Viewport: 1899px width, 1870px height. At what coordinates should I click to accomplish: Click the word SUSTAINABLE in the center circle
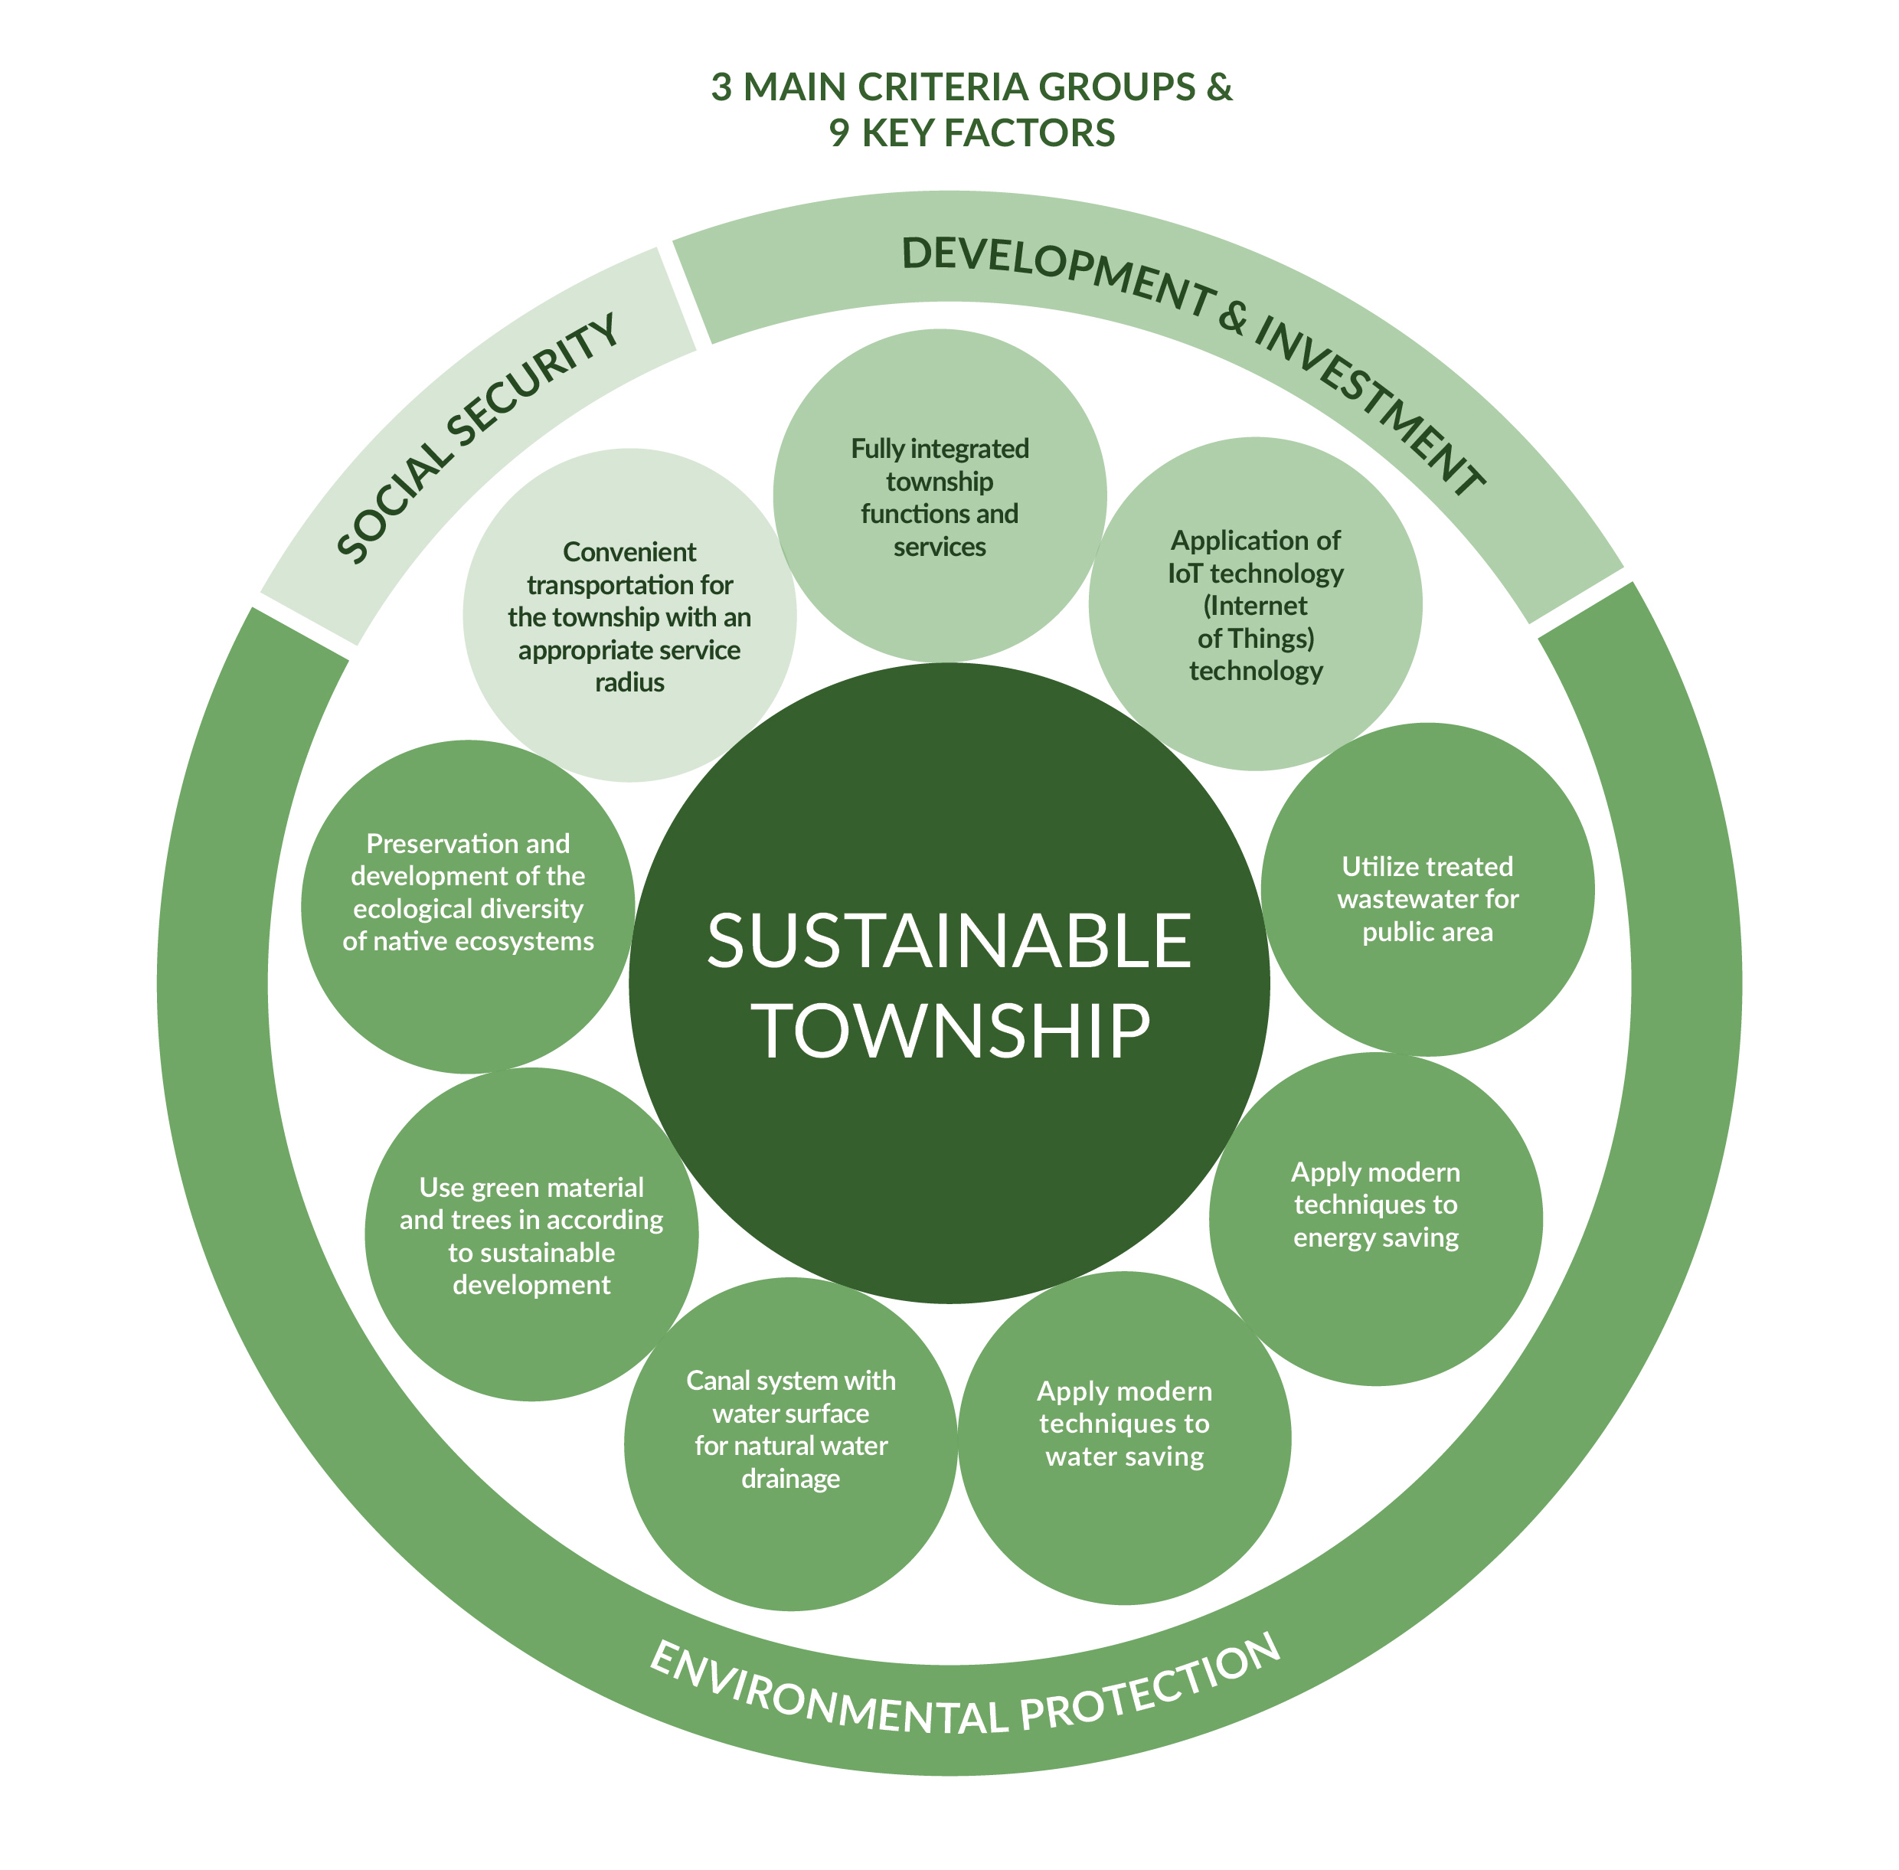(x=949, y=940)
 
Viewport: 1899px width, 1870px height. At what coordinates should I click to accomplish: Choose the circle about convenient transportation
(x=629, y=616)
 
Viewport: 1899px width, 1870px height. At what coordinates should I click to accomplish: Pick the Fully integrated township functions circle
(x=940, y=496)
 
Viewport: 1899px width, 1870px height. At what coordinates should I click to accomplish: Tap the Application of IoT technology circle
(x=1255, y=604)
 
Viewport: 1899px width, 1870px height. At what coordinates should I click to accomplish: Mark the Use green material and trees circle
(x=531, y=1235)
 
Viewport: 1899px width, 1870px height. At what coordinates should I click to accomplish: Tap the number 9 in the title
(x=838, y=133)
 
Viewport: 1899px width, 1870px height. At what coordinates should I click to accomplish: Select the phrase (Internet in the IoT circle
(x=1255, y=606)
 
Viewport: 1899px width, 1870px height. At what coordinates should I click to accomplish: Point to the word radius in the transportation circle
(x=629, y=682)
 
